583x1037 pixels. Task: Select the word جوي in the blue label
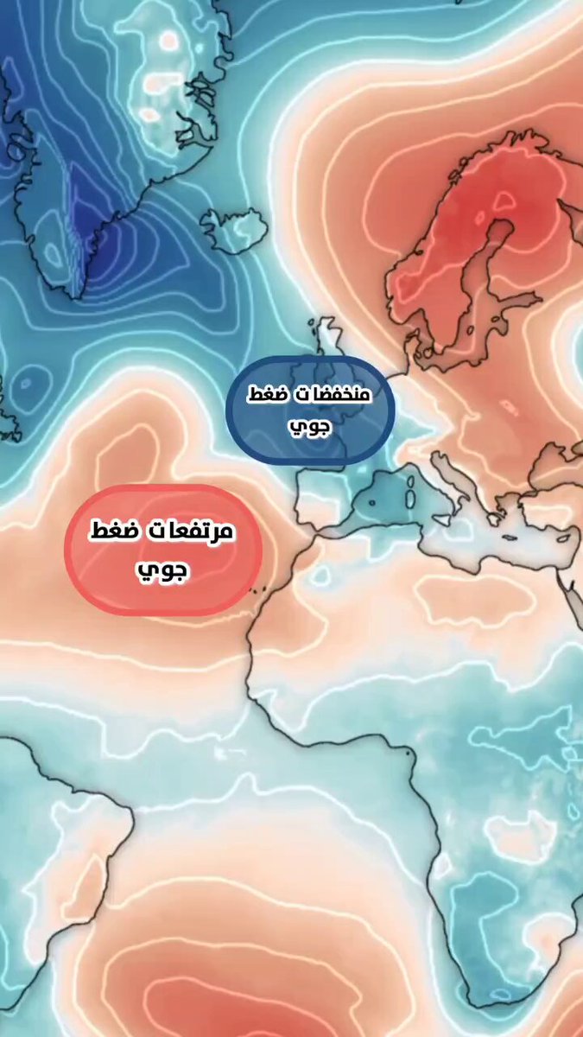(x=310, y=426)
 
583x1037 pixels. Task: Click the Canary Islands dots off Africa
(x=257, y=590)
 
